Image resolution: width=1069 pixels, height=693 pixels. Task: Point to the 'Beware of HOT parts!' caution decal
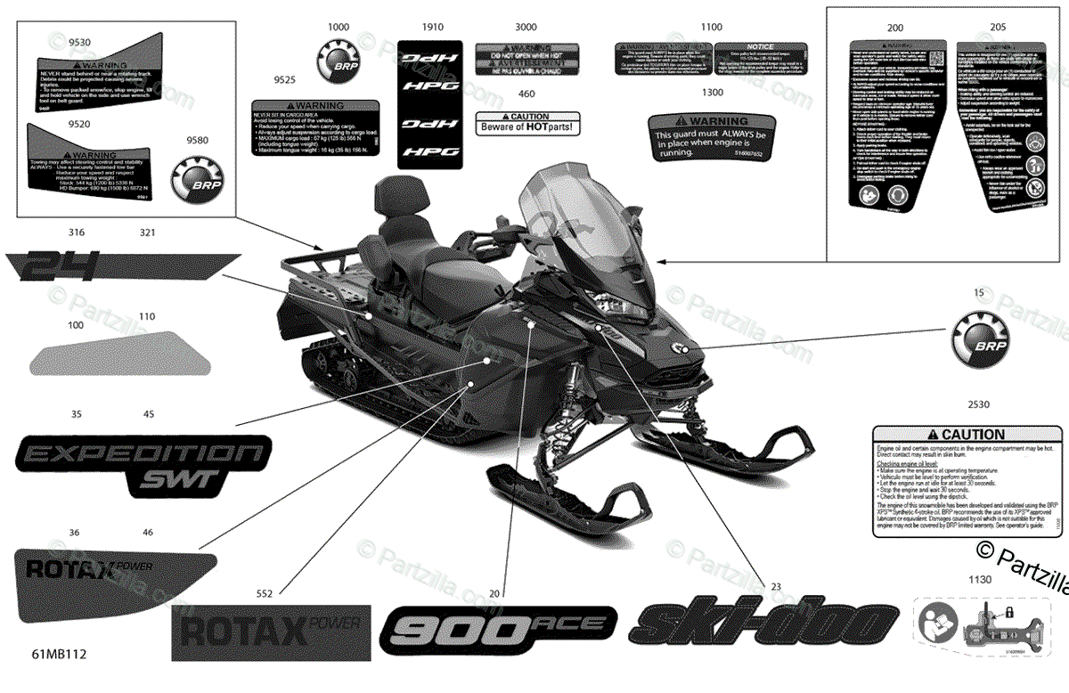pos(527,123)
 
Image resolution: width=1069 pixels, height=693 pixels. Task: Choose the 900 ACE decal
pos(499,630)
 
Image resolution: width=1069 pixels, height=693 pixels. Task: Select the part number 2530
pos(978,404)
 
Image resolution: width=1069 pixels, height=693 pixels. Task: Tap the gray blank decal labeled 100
pos(120,353)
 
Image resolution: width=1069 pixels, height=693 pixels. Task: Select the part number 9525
pos(284,79)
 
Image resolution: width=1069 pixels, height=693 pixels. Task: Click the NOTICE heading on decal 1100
pos(760,46)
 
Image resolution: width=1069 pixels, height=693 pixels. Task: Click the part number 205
pos(998,28)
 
